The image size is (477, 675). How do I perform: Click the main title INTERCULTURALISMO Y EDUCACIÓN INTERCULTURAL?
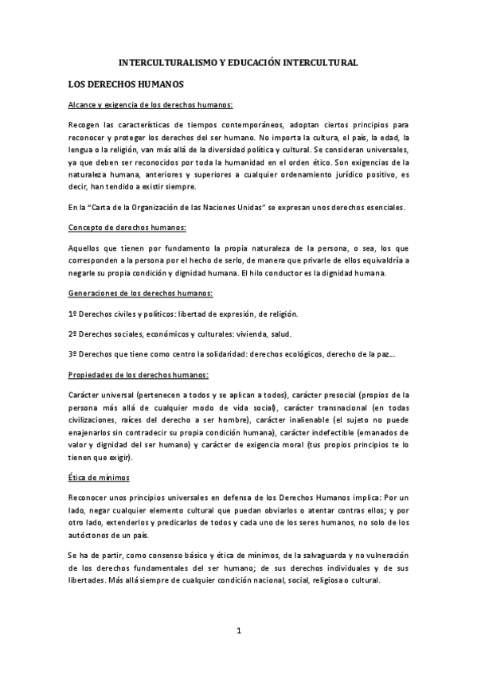pyautogui.click(x=238, y=61)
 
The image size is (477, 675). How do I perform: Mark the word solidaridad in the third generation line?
pyautogui.click(x=224, y=354)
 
